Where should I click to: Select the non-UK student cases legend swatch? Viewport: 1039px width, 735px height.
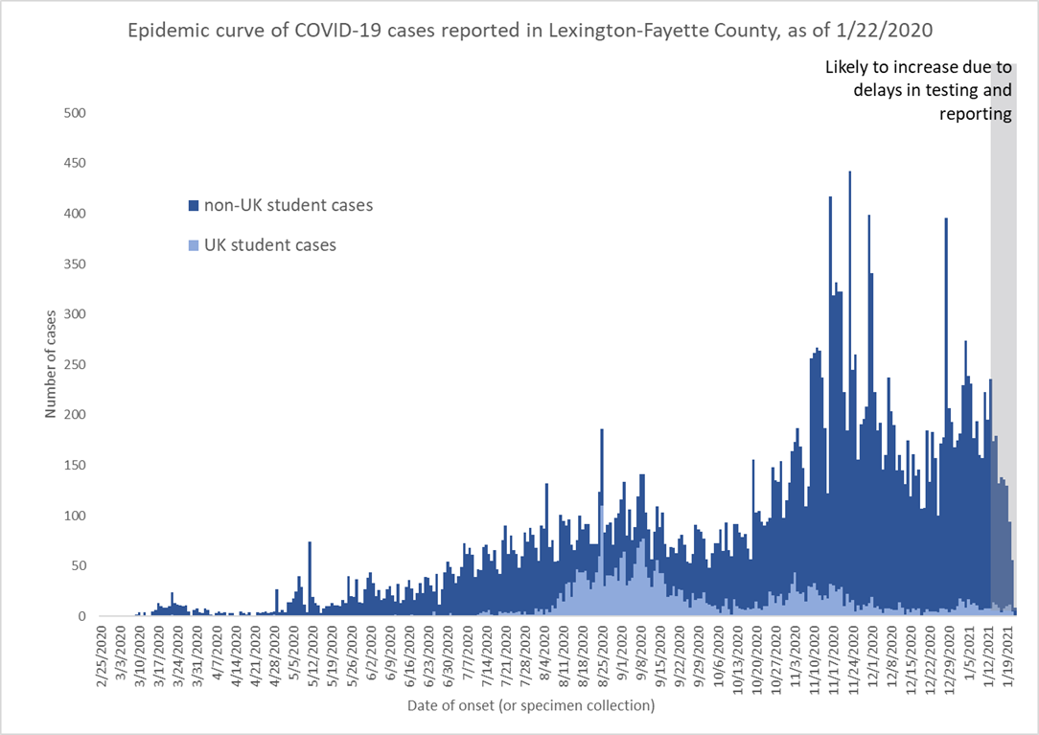coord(193,205)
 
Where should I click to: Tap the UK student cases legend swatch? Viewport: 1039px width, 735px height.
coord(193,245)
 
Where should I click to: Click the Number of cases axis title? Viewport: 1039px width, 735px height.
coord(50,365)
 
